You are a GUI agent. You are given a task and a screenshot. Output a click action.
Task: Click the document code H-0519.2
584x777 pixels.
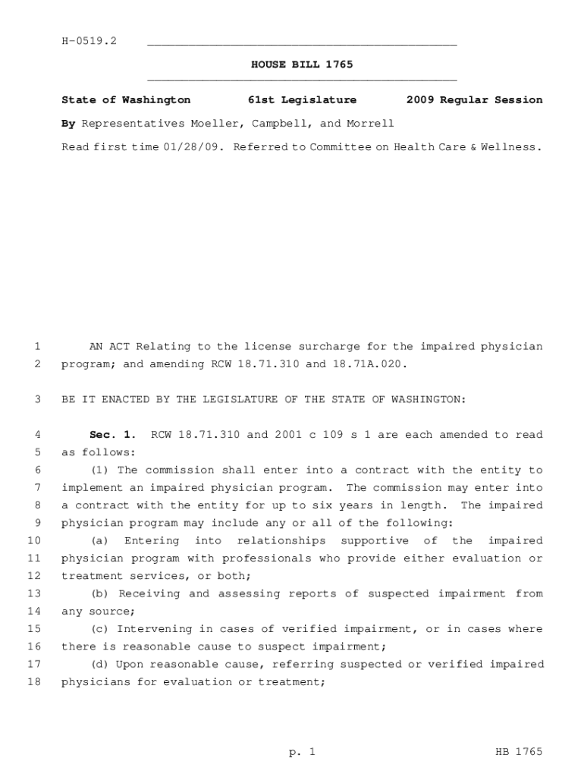(89, 41)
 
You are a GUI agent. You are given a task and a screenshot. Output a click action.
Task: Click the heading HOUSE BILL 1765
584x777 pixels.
(302, 64)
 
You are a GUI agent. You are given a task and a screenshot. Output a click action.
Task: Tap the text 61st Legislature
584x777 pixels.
(302, 100)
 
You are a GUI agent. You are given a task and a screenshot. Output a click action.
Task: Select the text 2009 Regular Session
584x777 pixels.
(474, 100)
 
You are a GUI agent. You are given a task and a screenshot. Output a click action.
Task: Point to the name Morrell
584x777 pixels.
(370, 124)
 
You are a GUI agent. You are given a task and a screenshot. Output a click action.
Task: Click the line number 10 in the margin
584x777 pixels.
(33, 541)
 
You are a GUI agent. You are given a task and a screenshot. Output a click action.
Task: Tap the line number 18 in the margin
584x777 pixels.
(33, 682)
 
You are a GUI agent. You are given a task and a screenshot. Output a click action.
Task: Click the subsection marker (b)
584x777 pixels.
(99, 594)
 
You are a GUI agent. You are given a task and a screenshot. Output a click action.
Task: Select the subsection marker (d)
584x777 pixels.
(99, 665)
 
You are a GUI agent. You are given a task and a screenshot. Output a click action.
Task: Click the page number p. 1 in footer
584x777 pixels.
(301, 752)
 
